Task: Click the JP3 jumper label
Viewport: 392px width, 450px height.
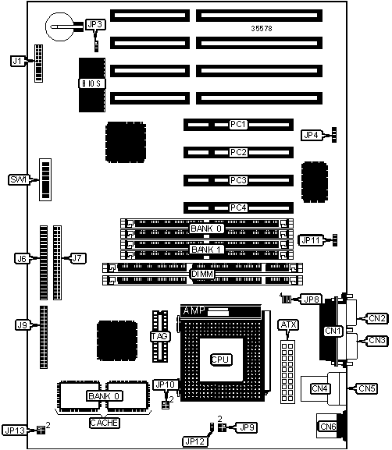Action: tap(95, 25)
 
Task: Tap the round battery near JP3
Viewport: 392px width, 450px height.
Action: tap(60, 27)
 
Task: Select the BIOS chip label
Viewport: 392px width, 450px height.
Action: tap(92, 83)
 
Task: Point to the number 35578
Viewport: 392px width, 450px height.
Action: tap(262, 28)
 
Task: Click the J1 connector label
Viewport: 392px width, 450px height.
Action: tap(17, 61)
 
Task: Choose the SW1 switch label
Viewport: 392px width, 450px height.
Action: tap(19, 179)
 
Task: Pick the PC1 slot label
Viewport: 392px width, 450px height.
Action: tap(238, 125)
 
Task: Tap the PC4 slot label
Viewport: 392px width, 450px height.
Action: tap(238, 207)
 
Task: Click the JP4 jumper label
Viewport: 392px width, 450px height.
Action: tap(312, 135)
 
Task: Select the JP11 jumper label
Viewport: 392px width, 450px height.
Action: tap(311, 240)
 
